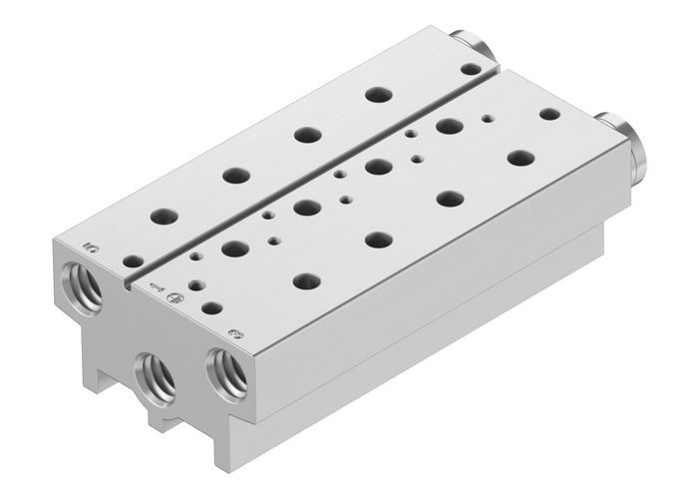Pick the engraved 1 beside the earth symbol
point(155,287)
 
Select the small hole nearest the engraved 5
point(132,260)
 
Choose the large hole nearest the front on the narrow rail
point(160,215)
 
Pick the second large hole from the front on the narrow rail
point(236,175)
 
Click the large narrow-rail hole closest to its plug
point(377,95)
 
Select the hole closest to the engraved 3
point(211,308)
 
